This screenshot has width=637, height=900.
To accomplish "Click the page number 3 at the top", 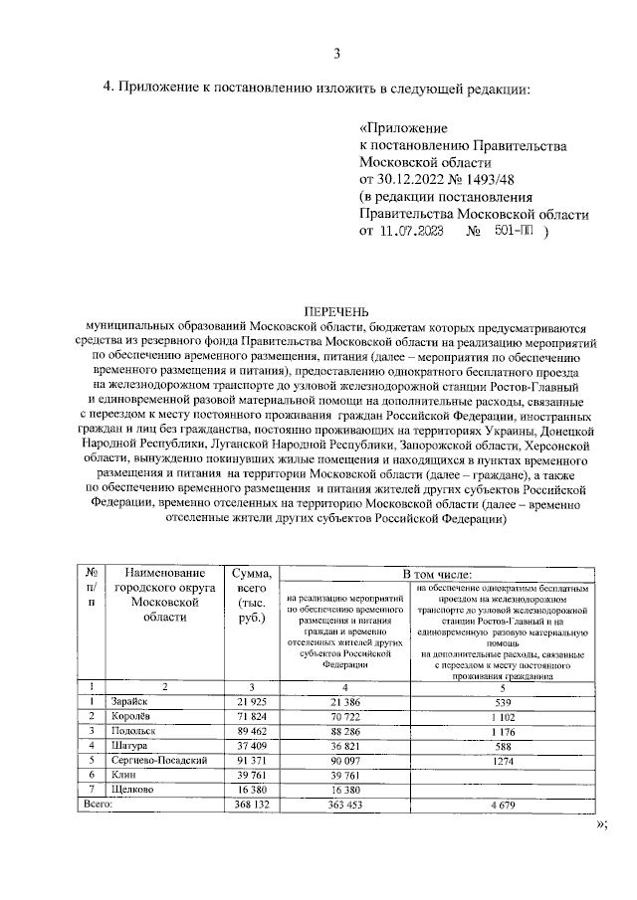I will (336, 54).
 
